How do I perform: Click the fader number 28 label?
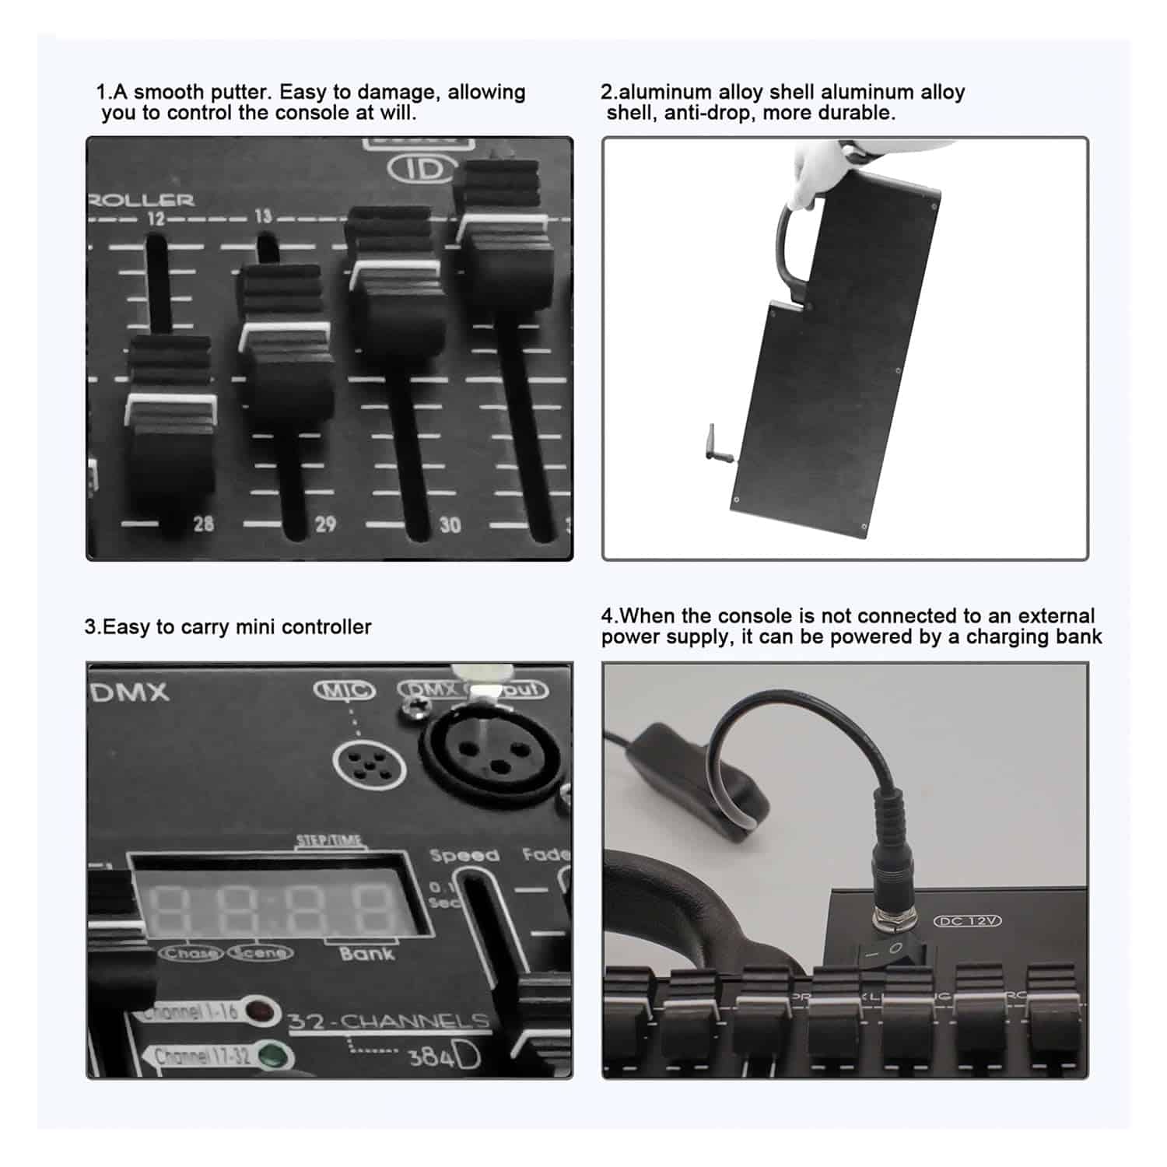[203, 524]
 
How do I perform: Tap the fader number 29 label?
[325, 524]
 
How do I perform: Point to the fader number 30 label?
[450, 525]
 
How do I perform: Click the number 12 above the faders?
[156, 218]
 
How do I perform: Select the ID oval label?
[421, 169]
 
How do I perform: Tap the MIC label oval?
[344, 690]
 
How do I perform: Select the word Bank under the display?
[366, 954]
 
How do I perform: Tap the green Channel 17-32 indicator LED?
[272, 1057]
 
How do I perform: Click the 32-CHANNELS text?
[388, 1022]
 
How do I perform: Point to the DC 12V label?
[967, 921]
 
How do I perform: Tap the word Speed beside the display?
[464, 856]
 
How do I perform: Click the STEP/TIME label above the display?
[328, 840]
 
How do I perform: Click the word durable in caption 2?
[862, 113]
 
